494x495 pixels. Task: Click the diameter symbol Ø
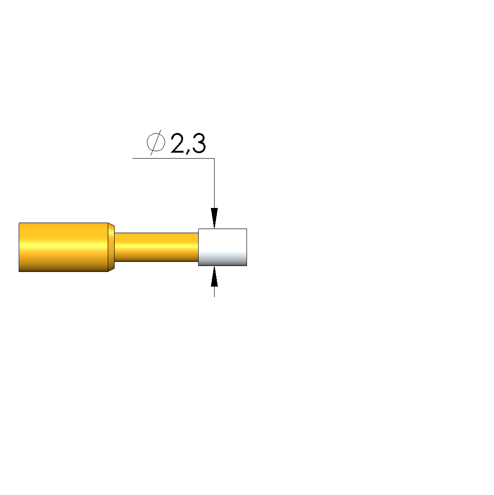156,143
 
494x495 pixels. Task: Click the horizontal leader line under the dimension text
173,158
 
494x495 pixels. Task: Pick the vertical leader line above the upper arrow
215,183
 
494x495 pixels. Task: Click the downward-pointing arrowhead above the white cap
215,218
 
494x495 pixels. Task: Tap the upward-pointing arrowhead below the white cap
215,276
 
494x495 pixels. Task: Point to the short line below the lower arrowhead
215,292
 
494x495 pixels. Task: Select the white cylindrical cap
222,247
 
